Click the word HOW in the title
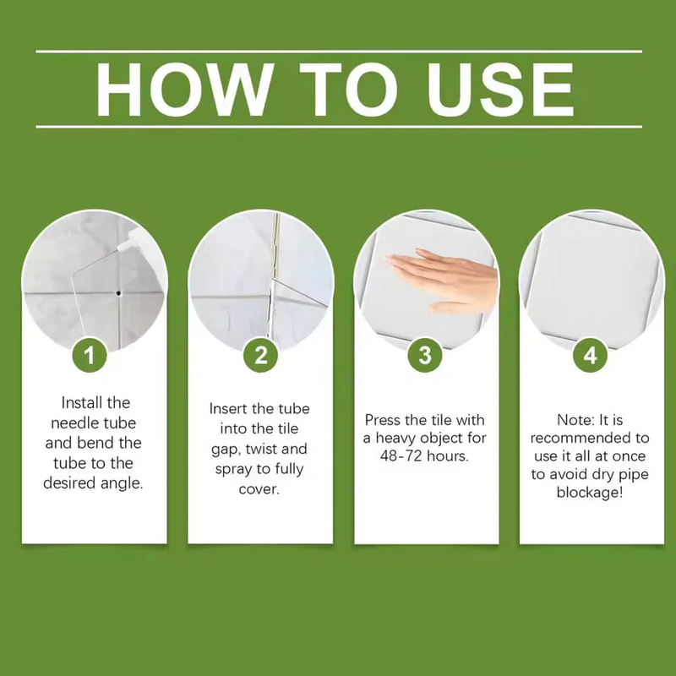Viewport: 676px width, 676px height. (x=184, y=90)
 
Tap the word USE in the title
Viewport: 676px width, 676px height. (x=500, y=90)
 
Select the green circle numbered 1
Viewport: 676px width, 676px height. (x=90, y=355)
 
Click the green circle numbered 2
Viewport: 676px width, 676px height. (x=260, y=355)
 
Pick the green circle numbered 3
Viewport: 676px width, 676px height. (x=425, y=355)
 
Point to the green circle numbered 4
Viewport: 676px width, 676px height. (x=590, y=355)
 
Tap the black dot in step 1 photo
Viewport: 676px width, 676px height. (x=118, y=293)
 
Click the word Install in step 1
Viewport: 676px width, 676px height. (x=81, y=402)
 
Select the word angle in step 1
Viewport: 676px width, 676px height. (x=122, y=483)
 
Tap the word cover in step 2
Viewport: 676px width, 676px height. (x=259, y=489)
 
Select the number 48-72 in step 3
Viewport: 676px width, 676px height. (x=401, y=455)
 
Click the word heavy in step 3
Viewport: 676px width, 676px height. (x=395, y=438)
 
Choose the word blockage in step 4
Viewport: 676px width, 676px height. (x=590, y=492)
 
